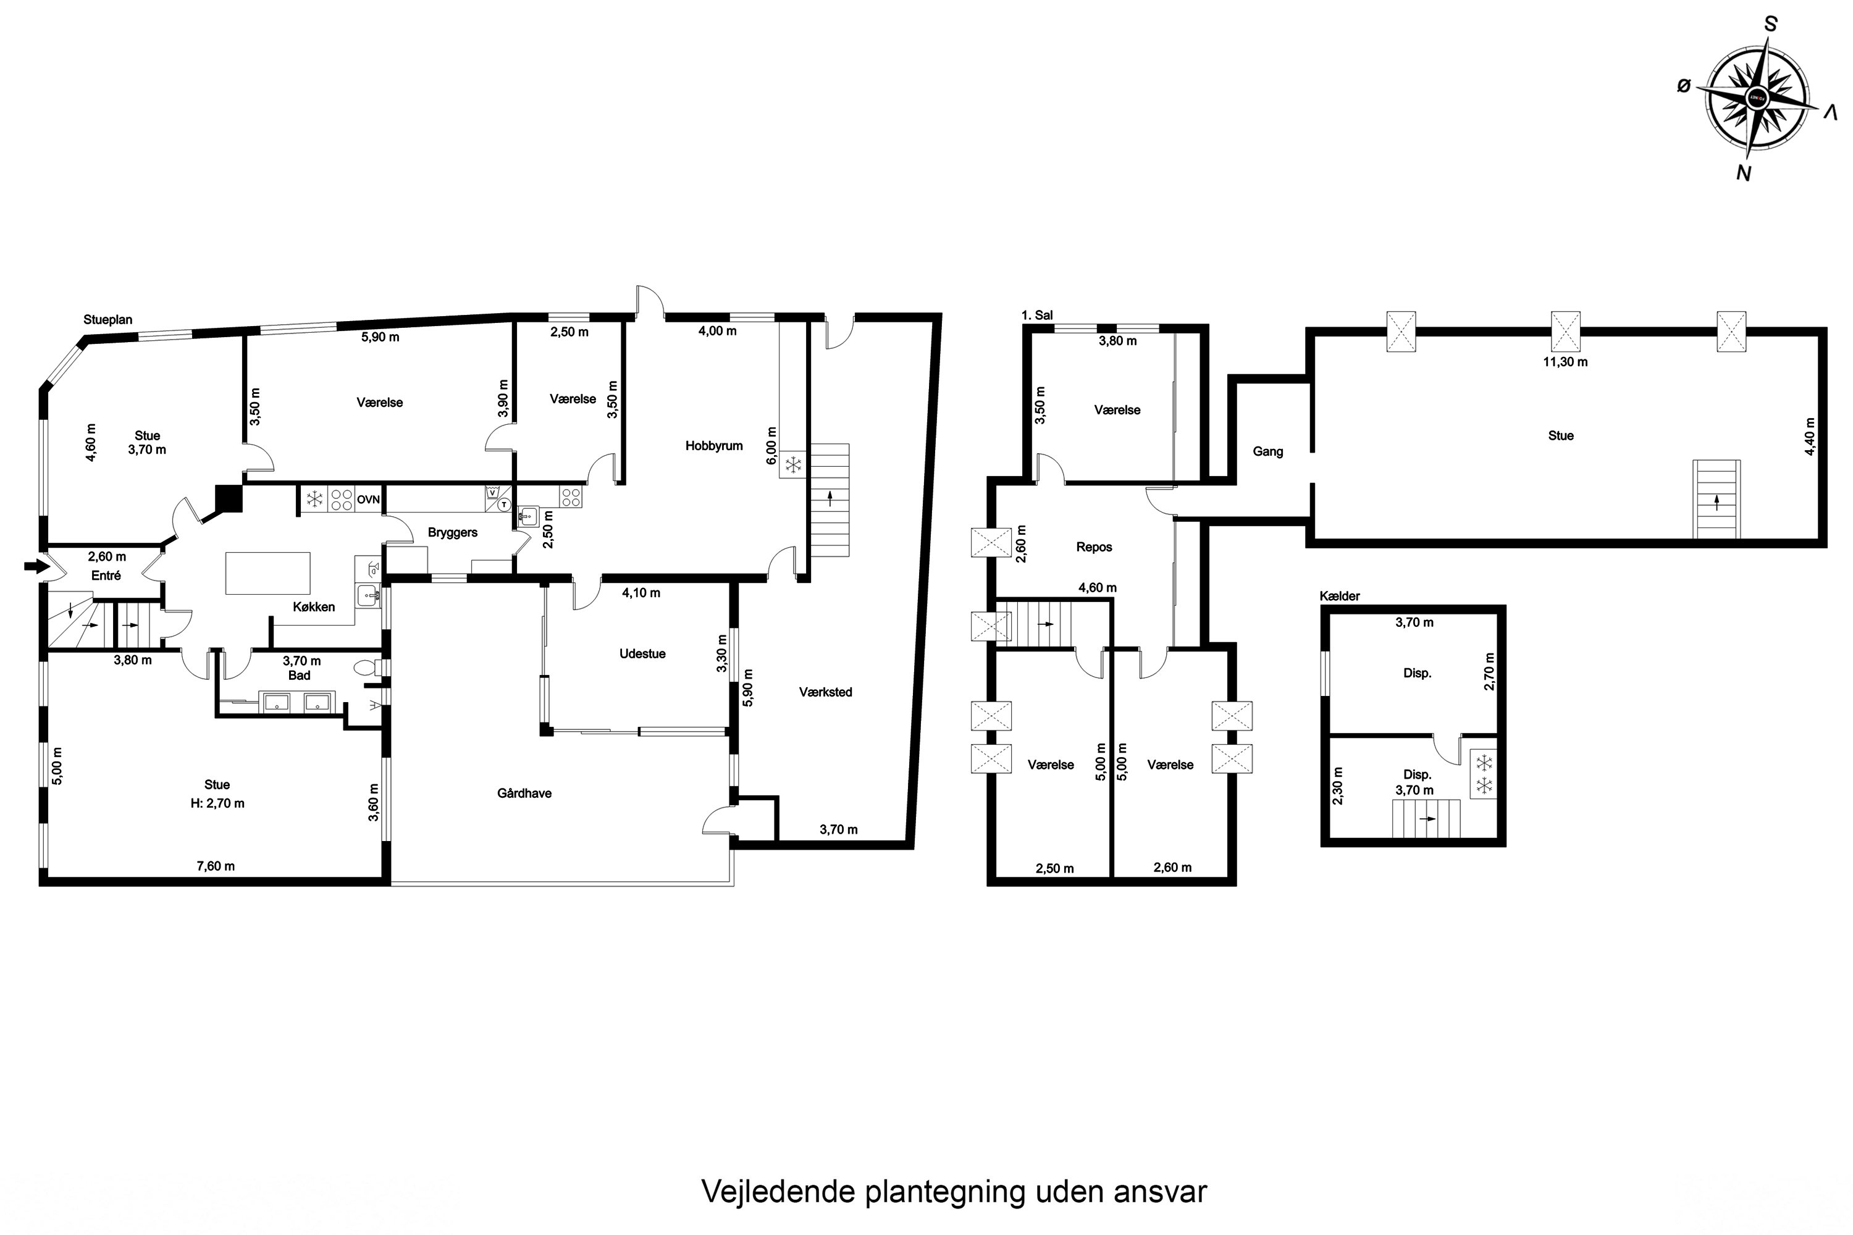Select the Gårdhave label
(x=524, y=793)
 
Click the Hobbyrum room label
(x=714, y=446)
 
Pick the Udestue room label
(x=642, y=654)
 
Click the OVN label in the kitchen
(x=368, y=500)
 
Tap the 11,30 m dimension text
(x=1565, y=362)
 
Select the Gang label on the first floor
(x=1267, y=451)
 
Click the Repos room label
(x=1095, y=546)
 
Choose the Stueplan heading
(x=108, y=320)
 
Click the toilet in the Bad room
(x=369, y=668)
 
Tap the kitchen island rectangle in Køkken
(x=268, y=572)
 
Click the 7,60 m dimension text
(x=215, y=866)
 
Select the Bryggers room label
(x=452, y=532)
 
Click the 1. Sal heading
(x=1037, y=315)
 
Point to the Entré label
(x=106, y=576)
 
